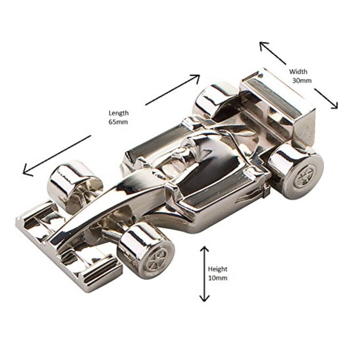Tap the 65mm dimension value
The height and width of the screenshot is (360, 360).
click(118, 122)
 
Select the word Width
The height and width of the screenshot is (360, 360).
click(298, 71)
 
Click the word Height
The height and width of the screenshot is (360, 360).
click(218, 269)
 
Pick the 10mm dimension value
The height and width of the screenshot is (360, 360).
click(218, 278)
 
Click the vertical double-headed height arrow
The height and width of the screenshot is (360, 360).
click(204, 274)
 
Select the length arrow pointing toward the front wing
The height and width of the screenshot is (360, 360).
click(57, 155)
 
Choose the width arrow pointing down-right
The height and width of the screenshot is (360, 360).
click(326, 98)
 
